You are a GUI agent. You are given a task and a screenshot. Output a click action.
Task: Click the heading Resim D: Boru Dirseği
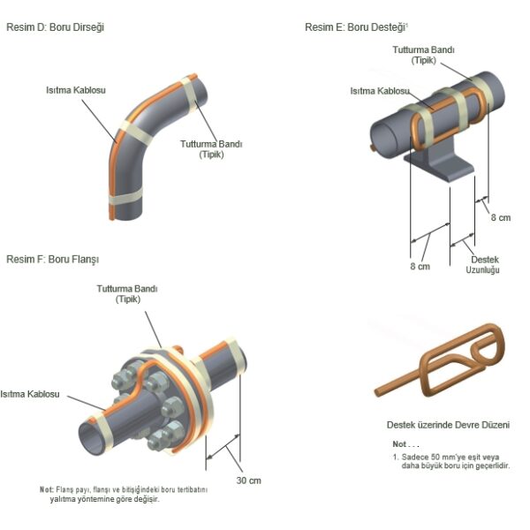(x=56, y=27)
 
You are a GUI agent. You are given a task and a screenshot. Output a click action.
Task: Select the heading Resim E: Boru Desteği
(x=352, y=27)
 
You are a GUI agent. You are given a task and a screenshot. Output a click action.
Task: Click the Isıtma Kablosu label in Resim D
(x=78, y=90)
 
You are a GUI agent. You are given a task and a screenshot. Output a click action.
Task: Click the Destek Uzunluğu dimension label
(x=483, y=264)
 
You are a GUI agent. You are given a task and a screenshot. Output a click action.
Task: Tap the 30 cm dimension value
(x=248, y=481)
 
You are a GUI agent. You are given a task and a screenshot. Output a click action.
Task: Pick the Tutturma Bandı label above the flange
(x=127, y=293)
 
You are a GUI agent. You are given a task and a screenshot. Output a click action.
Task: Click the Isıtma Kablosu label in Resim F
(x=29, y=394)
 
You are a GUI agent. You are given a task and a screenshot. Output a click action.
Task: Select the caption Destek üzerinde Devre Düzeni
(x=448, y=425)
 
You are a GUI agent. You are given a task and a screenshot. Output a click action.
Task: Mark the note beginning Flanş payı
(x=123, y=494)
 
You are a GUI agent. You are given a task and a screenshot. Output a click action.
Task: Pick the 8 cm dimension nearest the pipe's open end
(x=419, y=266)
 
